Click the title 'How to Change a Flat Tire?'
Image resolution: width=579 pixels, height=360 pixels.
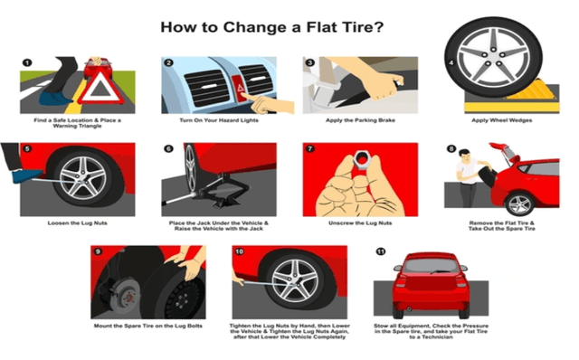coord(271,26)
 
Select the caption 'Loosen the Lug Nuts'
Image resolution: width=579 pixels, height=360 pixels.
coord(77,223)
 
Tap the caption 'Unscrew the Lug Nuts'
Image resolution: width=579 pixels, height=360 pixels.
coord(360,223)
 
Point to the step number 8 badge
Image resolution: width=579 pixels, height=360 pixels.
coord(451,148)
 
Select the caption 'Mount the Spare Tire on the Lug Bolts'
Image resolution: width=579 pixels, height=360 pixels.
coord(147,325)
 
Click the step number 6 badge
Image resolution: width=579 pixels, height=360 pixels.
coord(168,148)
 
